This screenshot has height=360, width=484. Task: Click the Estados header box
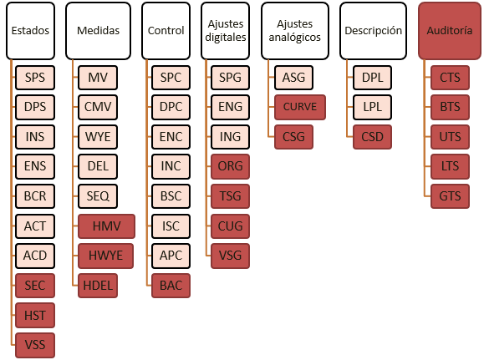pos(30,31)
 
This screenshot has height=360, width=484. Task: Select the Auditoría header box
pos(450,31)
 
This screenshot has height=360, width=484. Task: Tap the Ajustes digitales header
pos(226,31)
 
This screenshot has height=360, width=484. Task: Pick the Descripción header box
pos(373,31)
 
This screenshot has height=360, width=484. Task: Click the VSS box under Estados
pos(35,345)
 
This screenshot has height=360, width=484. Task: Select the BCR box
pos(35,196)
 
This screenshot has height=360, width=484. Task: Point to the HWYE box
pos(106,256)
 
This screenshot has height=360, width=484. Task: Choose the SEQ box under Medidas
pos(98,196)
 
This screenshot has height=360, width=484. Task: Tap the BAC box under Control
pos(171,286)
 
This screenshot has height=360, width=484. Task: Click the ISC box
pos(171,226)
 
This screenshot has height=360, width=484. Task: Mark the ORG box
pos(230,166)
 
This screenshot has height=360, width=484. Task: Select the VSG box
pos(230,256)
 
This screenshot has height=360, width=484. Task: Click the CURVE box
pos(300,107)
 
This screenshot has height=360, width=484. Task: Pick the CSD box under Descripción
pos(372,137)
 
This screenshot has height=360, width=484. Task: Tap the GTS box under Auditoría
pos(450,196)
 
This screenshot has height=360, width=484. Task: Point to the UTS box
pos(450,137)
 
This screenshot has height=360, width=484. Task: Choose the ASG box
pos(293,78)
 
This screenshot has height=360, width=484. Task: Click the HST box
pos(35,315)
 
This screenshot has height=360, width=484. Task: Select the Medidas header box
pos(98,31)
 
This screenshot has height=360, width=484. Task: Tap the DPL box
pos(372,78)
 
